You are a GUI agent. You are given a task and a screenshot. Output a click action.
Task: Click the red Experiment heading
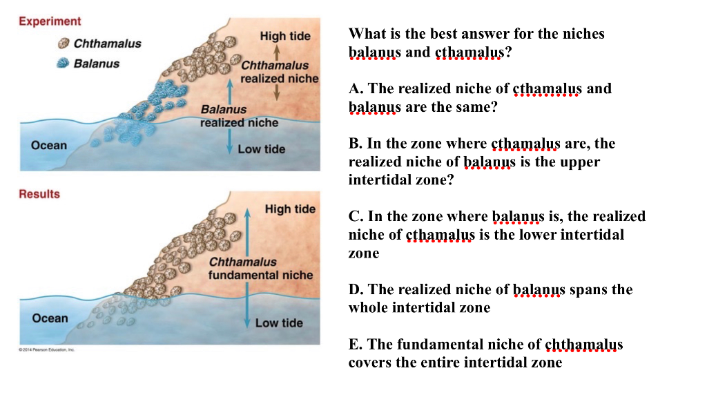[x=50, y=21]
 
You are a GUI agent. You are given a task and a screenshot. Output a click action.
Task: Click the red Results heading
[x=39, y=194]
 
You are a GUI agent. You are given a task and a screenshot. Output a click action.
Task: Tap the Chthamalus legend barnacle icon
[x=64, y=44]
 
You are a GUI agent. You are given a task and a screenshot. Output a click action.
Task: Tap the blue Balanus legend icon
[x=64, y=64]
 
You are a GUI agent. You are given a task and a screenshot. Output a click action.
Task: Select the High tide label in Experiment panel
[x=285, y=36]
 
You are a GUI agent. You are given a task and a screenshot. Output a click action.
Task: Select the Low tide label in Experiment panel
[x=261, y=149]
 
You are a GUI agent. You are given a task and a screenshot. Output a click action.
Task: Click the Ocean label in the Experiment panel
[x=49, y=146]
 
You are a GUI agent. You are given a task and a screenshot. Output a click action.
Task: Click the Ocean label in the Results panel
[x=50, y=318]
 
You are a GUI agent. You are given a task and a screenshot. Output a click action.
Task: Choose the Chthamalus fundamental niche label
[x=260, y=269]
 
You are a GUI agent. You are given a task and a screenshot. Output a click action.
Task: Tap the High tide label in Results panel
[x=290, y=209]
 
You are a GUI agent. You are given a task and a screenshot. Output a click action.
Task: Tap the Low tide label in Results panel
[x=279, y=322]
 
